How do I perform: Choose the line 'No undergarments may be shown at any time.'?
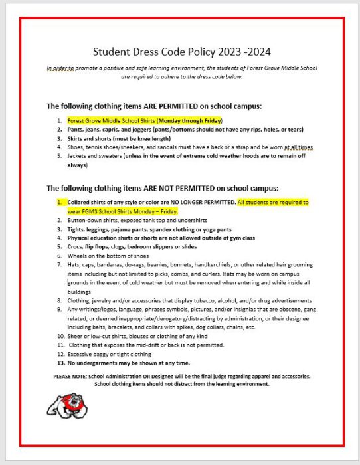pyautogui.click(x=128, y=363)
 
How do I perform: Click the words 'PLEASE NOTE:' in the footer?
pyautogui.click(x=71, y=376)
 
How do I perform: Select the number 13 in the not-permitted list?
pyautogui.click(x=60, y=363)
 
